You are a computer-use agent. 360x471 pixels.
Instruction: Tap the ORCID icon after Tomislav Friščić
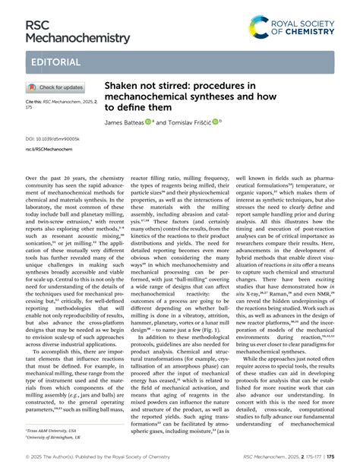tap(216, 121)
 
